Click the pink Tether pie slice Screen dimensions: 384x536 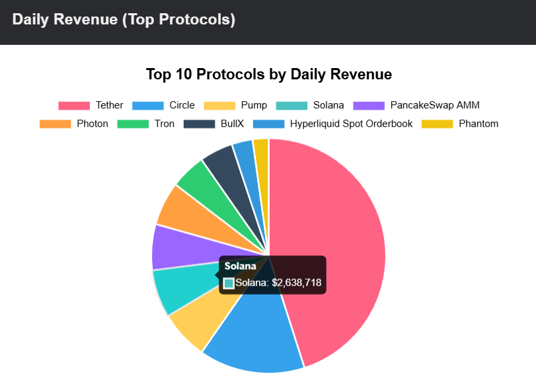pos(330,251)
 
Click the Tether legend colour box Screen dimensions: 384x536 pos(73,105)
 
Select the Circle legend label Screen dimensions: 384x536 pos(182,105)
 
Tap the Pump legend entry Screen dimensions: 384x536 pos(254,105)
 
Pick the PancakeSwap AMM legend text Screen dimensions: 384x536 pos(434,105)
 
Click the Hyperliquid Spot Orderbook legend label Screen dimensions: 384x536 pos(351,124)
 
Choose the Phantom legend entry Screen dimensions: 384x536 pos(478,124)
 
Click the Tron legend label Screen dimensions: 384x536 pos(165,124)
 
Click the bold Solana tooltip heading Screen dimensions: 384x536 pos(239,266)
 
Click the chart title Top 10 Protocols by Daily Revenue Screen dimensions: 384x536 pos(268,74)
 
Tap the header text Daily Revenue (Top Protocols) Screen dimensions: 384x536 pos(124,20)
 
